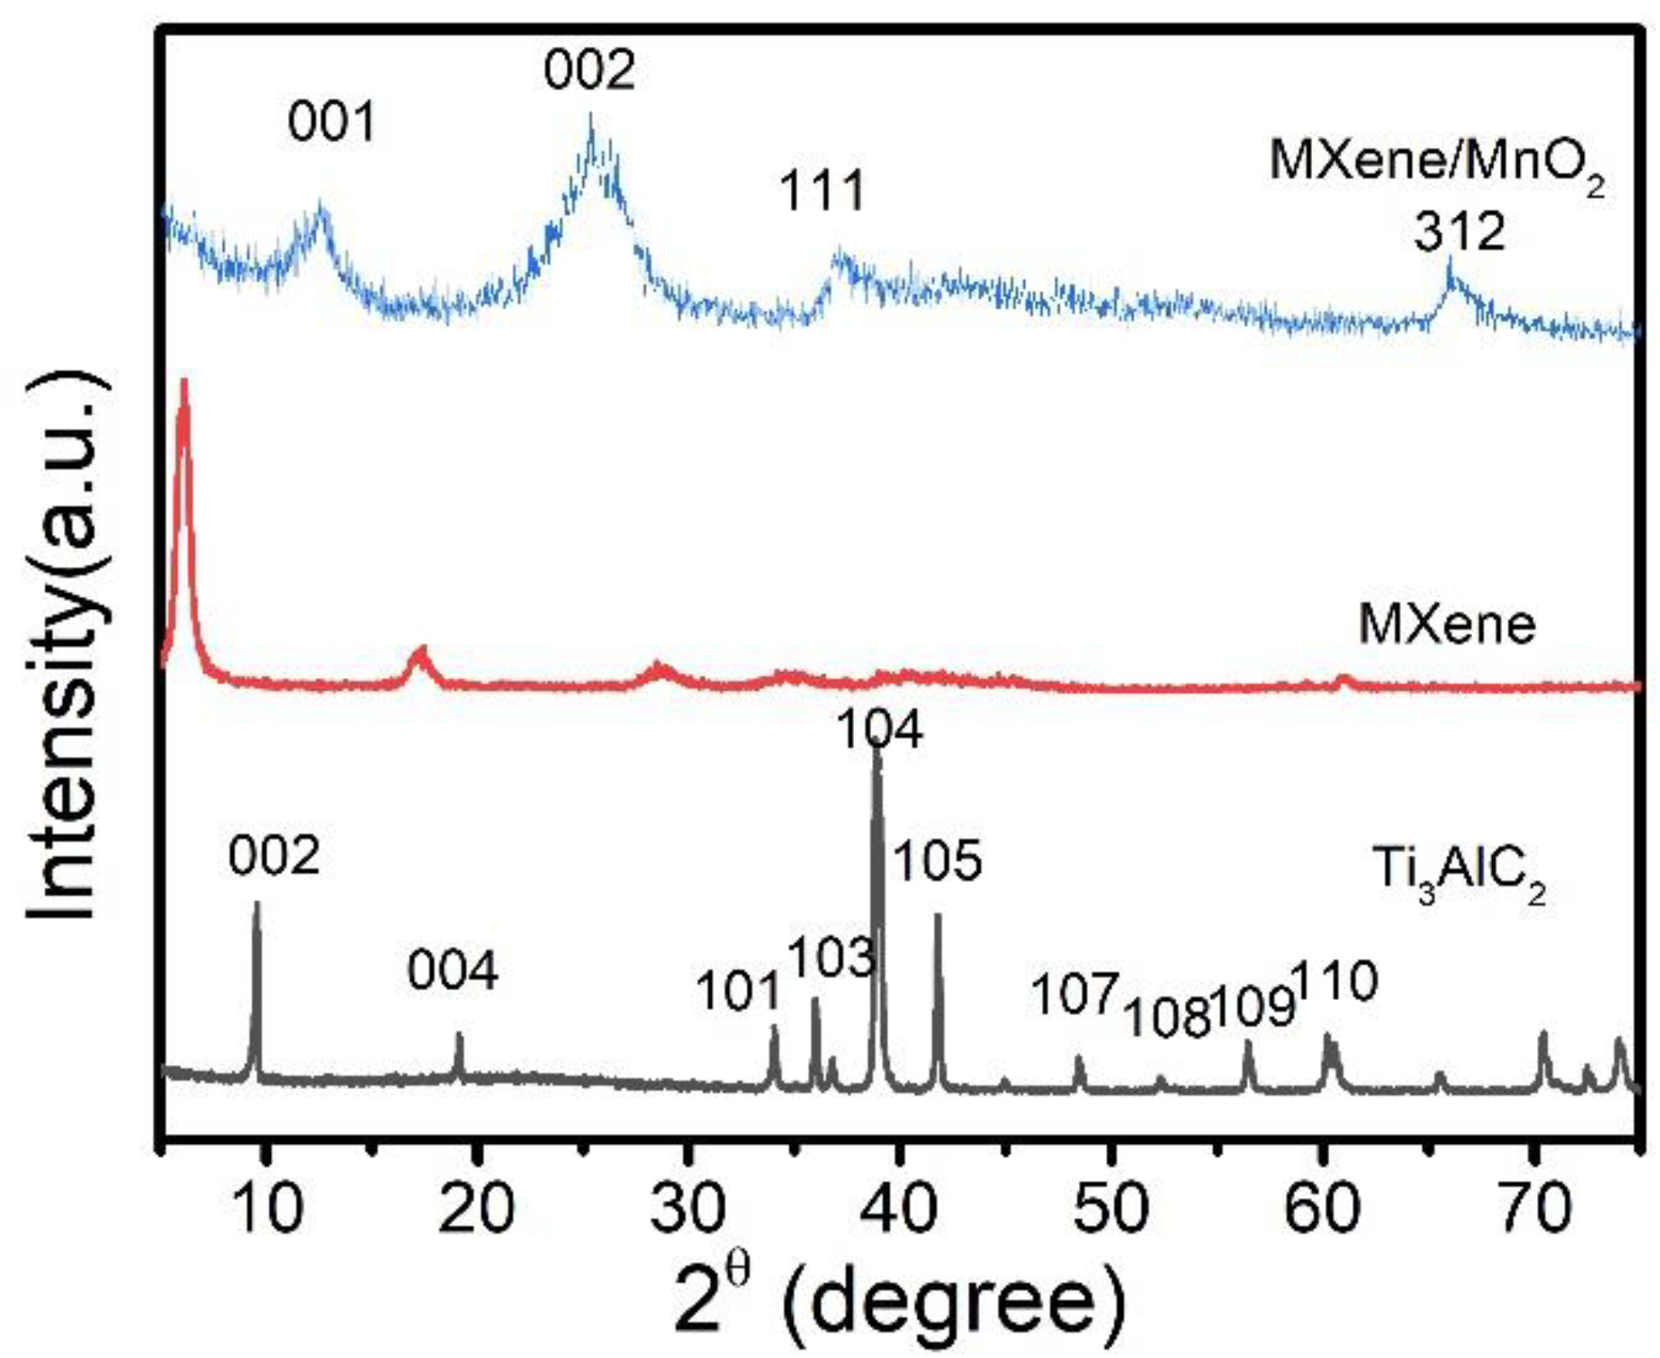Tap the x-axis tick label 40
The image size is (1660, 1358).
[899, 1208]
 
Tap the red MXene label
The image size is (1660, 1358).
[1447, 623]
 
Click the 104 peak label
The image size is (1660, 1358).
[878, 729]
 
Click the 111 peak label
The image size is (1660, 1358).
[821, 191]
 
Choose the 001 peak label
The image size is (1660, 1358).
[331, 122]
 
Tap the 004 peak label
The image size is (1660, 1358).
[452, 971]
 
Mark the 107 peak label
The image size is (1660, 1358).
[1074, 995]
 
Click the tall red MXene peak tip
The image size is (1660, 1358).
[184, 384]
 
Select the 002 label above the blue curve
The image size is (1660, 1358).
[589, 70]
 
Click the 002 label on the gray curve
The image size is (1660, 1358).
[274, 855]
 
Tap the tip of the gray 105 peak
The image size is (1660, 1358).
[938, 917]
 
